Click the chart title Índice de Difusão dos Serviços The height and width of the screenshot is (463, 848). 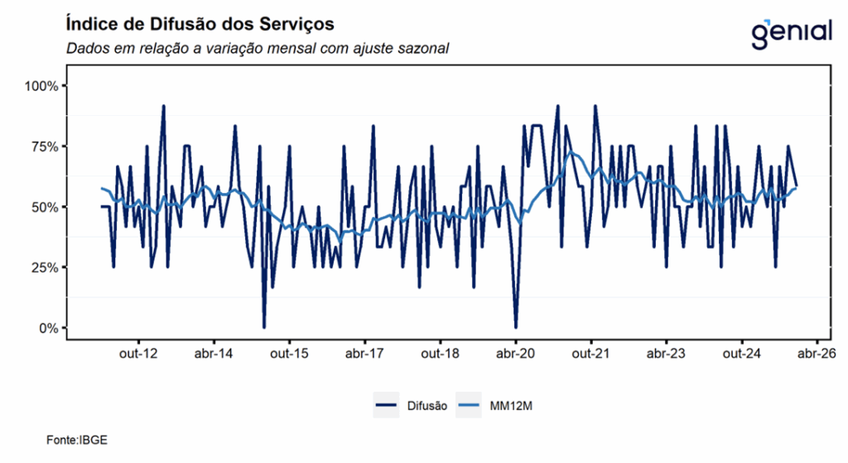click(x=200, y=21)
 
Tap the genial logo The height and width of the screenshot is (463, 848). click(x=792, y=32)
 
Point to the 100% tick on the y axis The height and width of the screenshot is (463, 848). click(x=41, y=86)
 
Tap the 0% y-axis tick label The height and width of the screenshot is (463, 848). click(x=46, y=328)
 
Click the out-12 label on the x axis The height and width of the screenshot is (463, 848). click(x=138, y=354)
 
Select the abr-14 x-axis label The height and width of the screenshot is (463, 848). click(x=214, y=354)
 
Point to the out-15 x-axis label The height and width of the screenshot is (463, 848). click(x=289, y=354)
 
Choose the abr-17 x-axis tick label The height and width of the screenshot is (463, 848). click(x=364, y=354)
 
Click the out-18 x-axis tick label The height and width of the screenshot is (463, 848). click(x=440, y=354)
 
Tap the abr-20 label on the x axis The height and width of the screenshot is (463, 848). click(x=515, y=354)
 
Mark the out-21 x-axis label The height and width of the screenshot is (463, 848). click(x=591, y=354)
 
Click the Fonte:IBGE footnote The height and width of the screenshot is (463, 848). click(x=77, y=440)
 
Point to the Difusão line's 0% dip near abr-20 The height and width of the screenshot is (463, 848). click(x=515, y=327)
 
